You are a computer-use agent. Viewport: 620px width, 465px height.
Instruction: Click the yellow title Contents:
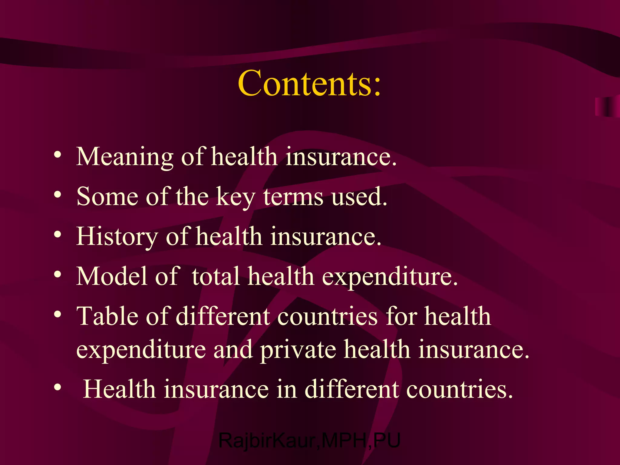(309, 83)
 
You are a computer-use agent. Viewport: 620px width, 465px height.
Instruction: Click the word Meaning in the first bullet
(124, 157)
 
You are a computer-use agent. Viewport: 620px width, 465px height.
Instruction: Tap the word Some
(107, 197)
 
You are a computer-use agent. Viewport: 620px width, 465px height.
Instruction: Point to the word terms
(293, 197)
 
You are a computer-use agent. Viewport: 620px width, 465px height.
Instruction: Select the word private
(298, 350)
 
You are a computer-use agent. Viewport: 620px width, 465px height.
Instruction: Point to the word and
(233, 349)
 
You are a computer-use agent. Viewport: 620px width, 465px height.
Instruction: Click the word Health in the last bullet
(119, 389)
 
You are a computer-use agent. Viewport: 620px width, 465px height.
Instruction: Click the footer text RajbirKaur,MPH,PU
(309, 440)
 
